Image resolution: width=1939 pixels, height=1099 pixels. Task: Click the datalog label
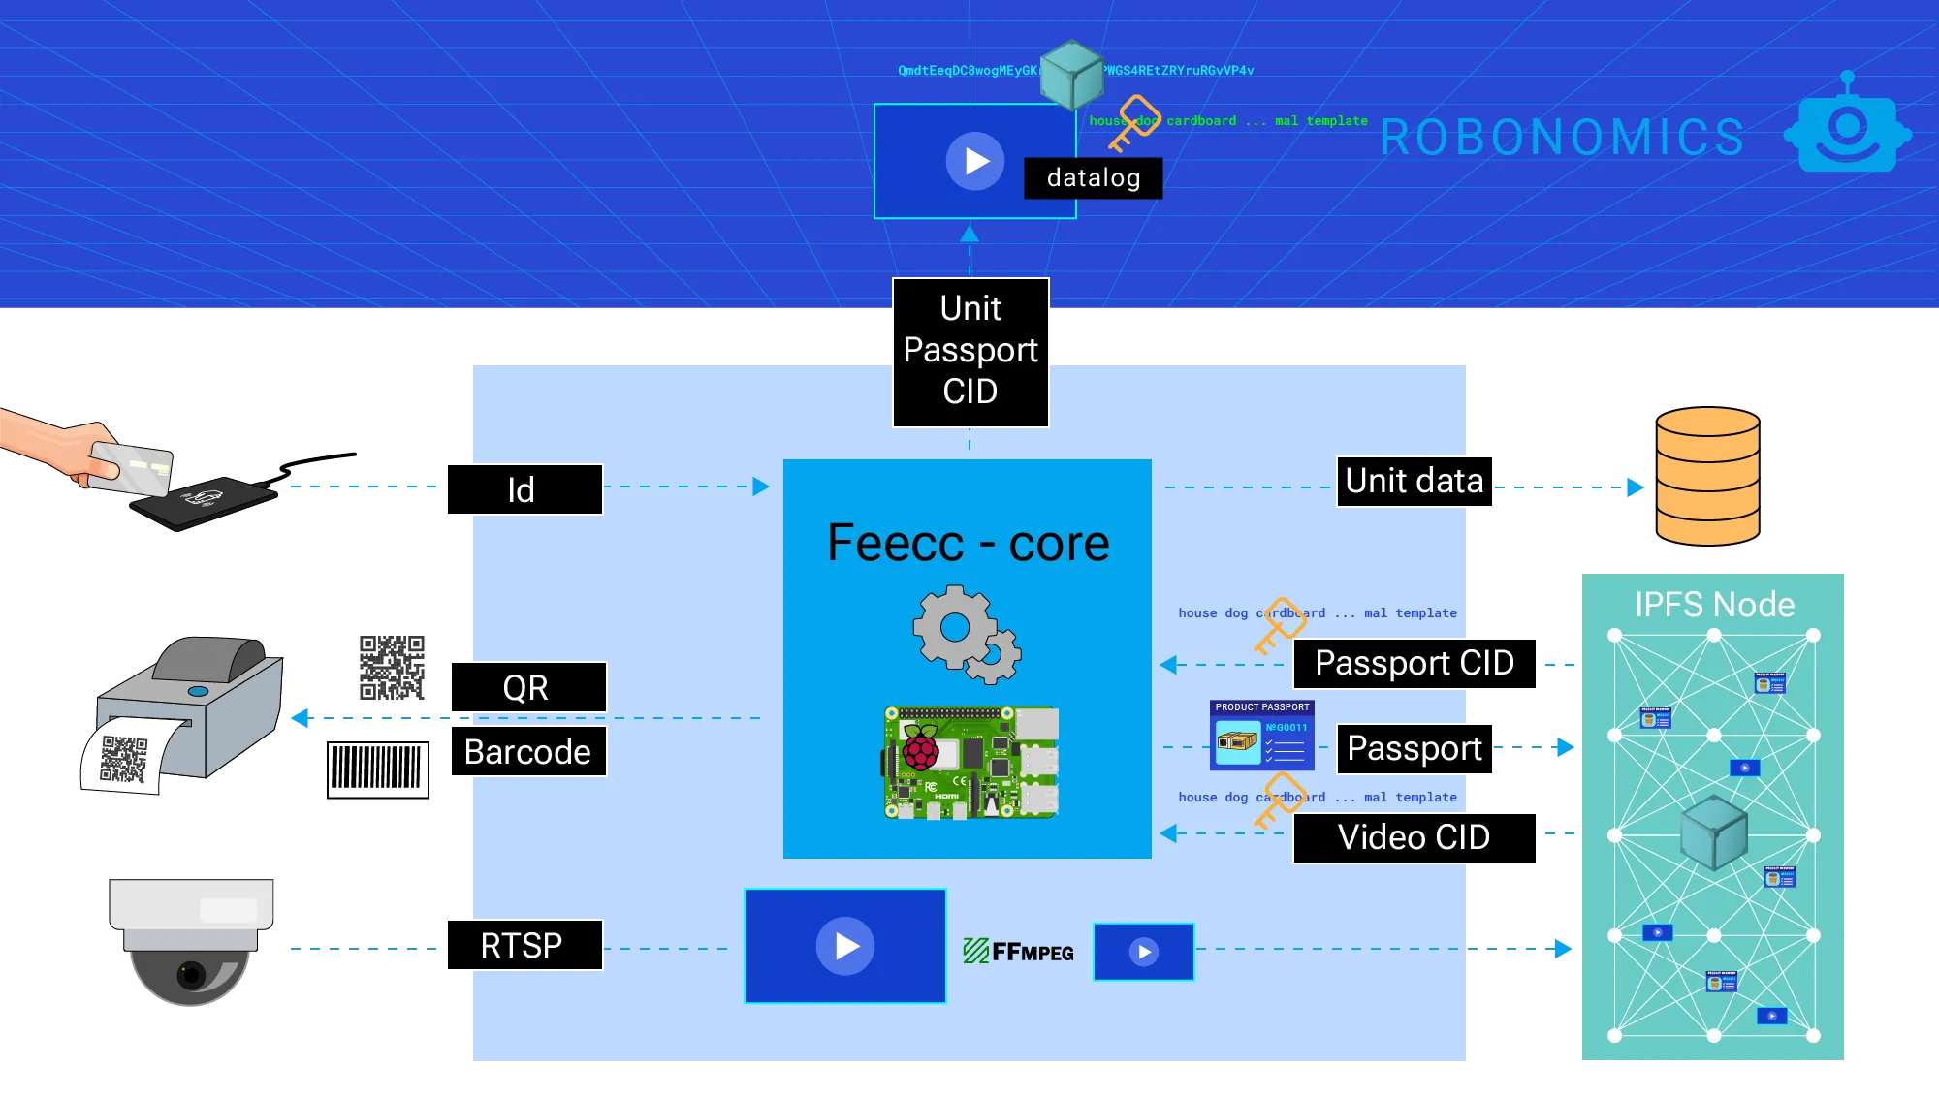pyautogui.click(x=1093, y=178)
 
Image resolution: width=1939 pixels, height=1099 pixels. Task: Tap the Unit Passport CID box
pyautogui.click(x=970, y=351)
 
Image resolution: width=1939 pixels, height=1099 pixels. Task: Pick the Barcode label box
pyautogui.click(x=528, y=751)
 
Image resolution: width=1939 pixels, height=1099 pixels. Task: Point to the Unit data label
pyautogui.click(x=1415, y=482)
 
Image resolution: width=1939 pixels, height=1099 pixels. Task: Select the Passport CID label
pyautogui.click(x=1415, y=663)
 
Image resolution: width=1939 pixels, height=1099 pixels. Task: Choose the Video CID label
pyautogui.click(x=1415, y=837)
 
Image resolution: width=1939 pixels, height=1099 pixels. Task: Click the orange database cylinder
pyautogui.click(x=1707, y=477)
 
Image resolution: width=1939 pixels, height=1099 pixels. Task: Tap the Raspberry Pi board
pyautogui.click(x=970, y=763)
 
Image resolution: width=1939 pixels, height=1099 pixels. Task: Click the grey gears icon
pyautogui.click(x=966, y=634)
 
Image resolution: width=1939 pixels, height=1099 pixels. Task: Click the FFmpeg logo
pyautogui.click(x=1018, y=951)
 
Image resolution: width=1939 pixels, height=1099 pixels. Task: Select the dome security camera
pyautogui.click(x=192, y=940)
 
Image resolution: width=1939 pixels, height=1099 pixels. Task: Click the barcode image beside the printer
pyautogui.click(x=379, y=769)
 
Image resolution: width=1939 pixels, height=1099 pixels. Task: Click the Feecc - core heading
pyautogui.click(x=968, y=543)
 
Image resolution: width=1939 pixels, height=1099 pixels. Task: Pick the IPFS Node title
pyautogui.click(x=1714, y=605)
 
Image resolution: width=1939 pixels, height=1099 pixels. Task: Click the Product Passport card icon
pyautogui.click(x=1261, y=737)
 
